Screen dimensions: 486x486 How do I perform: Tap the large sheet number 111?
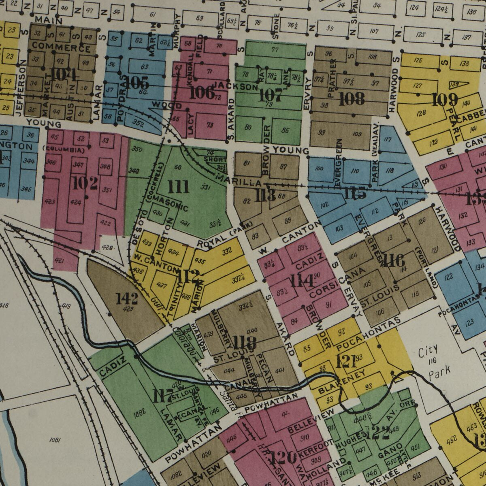(179, 187)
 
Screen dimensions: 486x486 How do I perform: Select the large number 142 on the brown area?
(127, 298)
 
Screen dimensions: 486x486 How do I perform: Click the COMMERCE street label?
(61, 47)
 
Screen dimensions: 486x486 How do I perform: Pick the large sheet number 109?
(445, 100)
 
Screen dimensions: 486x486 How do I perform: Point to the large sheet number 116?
(392, 260)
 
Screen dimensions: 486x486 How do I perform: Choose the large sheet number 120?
(283, 458)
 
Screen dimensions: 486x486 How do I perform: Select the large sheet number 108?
(352, 99)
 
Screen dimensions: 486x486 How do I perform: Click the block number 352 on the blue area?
(138, 124)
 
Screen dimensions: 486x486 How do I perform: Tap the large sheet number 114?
(302, 281)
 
